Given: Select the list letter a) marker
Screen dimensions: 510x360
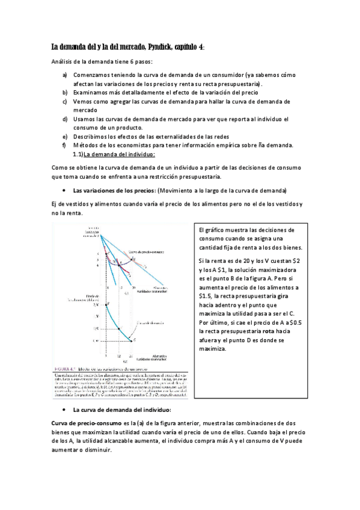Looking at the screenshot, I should [x=65, y=75].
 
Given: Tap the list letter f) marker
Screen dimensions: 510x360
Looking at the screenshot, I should [x=64, y=146].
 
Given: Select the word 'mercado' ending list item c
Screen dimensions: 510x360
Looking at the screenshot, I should [x=85, y=111].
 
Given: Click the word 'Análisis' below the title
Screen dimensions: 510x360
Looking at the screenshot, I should [x=66, y=62].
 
